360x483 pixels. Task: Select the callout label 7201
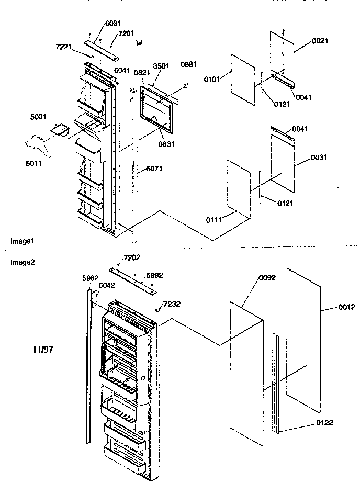126,33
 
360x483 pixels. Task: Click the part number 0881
188,64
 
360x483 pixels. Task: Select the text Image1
22,241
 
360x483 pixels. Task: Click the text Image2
22,262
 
